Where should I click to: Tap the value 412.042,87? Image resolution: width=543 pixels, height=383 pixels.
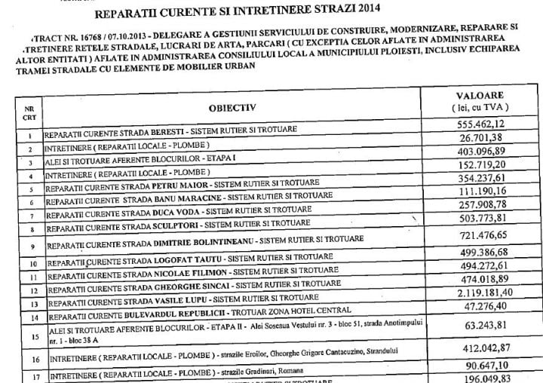point(474,351)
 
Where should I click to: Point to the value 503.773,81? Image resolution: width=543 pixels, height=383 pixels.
point(474,221)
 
